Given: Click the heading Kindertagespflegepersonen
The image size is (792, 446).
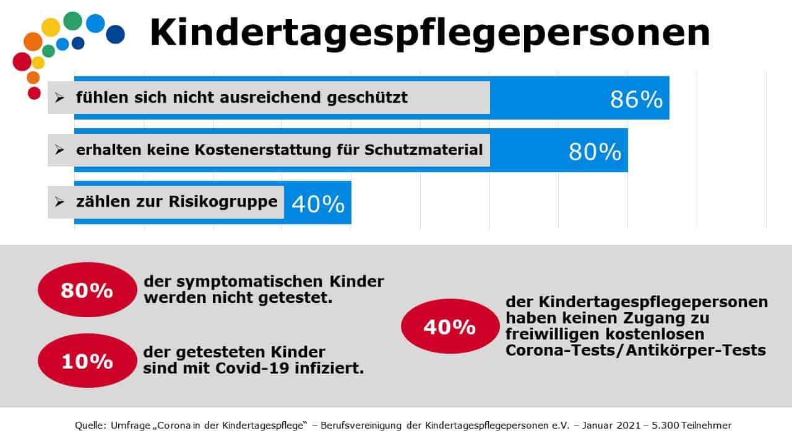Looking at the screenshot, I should click(x=429, y=33).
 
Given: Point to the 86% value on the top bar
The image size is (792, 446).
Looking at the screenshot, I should click(x=636, y=100).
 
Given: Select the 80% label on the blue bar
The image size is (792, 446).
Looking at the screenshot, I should click(x=595, y=152).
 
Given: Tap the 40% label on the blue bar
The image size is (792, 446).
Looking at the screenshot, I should click(x=317, y=204).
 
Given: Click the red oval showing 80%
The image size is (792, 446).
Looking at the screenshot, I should click(x=87, y=291).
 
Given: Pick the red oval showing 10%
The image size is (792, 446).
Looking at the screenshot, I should click(x=87, y=361).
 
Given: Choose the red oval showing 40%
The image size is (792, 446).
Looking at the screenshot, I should click(x=449, y=326).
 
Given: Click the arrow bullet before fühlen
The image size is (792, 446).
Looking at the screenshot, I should click(x=59, y=98).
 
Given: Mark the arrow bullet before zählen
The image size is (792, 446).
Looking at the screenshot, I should click(x=59, y=202).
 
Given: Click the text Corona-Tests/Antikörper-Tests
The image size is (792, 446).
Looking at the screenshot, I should click(x=635, y=350).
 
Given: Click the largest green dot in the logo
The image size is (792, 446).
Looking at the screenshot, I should click(x=72, y=21).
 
